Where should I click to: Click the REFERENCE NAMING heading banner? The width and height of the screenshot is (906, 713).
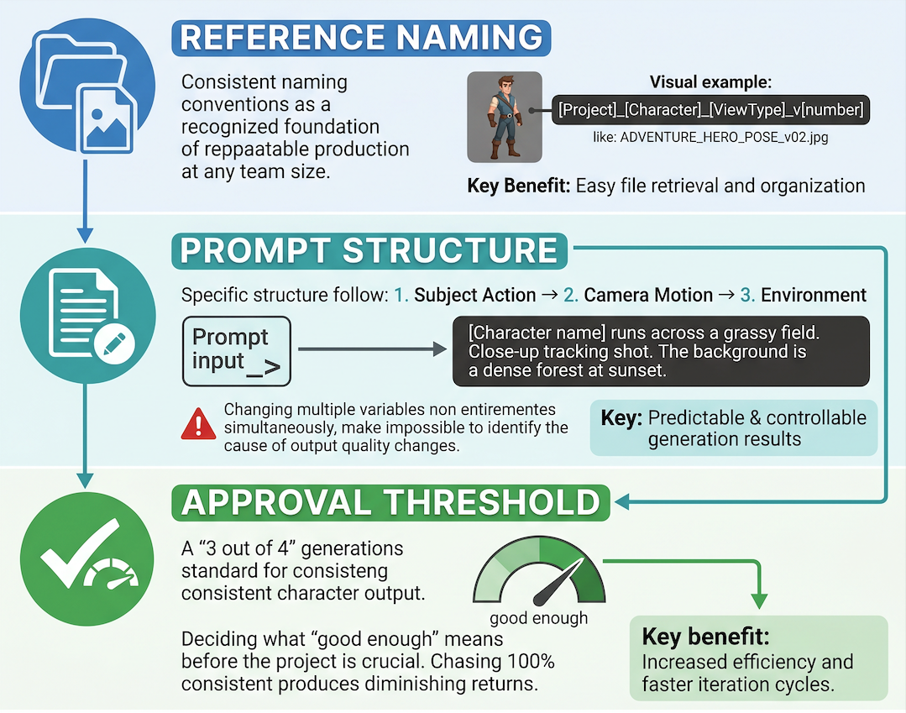pos(361,38)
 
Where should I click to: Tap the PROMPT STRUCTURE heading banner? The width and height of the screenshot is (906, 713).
pos(369,251)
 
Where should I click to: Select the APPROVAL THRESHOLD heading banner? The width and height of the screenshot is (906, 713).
pos(390,502)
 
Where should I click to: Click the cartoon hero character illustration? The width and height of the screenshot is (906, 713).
pos(505,118)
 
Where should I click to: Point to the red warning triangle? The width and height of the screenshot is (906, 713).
pos(198,424)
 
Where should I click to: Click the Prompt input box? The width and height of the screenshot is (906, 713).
pos(236,351)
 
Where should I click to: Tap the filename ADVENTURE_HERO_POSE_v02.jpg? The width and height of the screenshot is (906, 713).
pos(710,138)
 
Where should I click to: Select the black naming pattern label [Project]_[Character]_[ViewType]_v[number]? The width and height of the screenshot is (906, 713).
pos(710,110)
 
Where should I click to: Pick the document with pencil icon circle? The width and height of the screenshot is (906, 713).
pos(88,316)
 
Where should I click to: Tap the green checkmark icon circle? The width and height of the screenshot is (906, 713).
pos(87,558)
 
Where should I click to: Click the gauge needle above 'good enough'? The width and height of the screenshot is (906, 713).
pos(558,583)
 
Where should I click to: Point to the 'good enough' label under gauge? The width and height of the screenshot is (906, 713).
pos(538,618)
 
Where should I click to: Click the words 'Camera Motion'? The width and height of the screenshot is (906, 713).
pos(648,296)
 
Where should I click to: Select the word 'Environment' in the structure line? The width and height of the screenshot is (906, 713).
pos(814,296)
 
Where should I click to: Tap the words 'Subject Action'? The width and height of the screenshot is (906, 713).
pos(475,296)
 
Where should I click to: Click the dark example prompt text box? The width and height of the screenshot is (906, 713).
pos(661,351)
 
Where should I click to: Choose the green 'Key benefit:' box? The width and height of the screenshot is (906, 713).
pos(759,658)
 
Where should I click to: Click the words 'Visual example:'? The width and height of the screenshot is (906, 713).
pos(710,82)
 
